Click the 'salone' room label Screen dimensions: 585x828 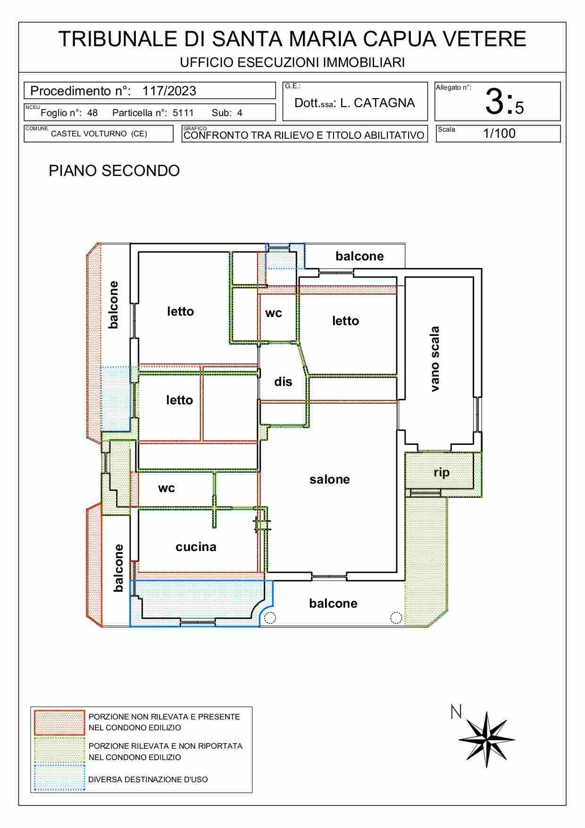tap(329, 479)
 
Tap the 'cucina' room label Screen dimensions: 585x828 tap(196, 547)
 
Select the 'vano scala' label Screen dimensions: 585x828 tap(435, 359)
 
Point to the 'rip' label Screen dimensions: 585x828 tap(442, 473)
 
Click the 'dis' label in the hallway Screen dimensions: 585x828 tap(283, 382)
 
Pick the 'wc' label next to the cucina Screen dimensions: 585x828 tap(167, 488)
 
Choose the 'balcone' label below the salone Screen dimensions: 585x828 tap(333, 603)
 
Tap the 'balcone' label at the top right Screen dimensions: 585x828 tap(359, 256)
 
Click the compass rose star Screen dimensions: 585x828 tap(487, 740)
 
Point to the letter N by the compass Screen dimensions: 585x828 tap(456, 712)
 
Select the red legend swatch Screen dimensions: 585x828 tap(59, 723)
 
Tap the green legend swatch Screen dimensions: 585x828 tap(59, 750)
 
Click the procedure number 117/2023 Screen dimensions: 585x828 tap(169, 91)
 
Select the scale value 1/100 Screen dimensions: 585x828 tap(499, 134)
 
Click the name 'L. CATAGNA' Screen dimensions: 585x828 tap(377, 103)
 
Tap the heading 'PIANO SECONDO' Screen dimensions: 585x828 tap(114, 171)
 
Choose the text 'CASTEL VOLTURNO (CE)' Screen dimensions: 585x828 tap(99, 134)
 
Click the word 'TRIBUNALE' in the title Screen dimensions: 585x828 tap(117, 39)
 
